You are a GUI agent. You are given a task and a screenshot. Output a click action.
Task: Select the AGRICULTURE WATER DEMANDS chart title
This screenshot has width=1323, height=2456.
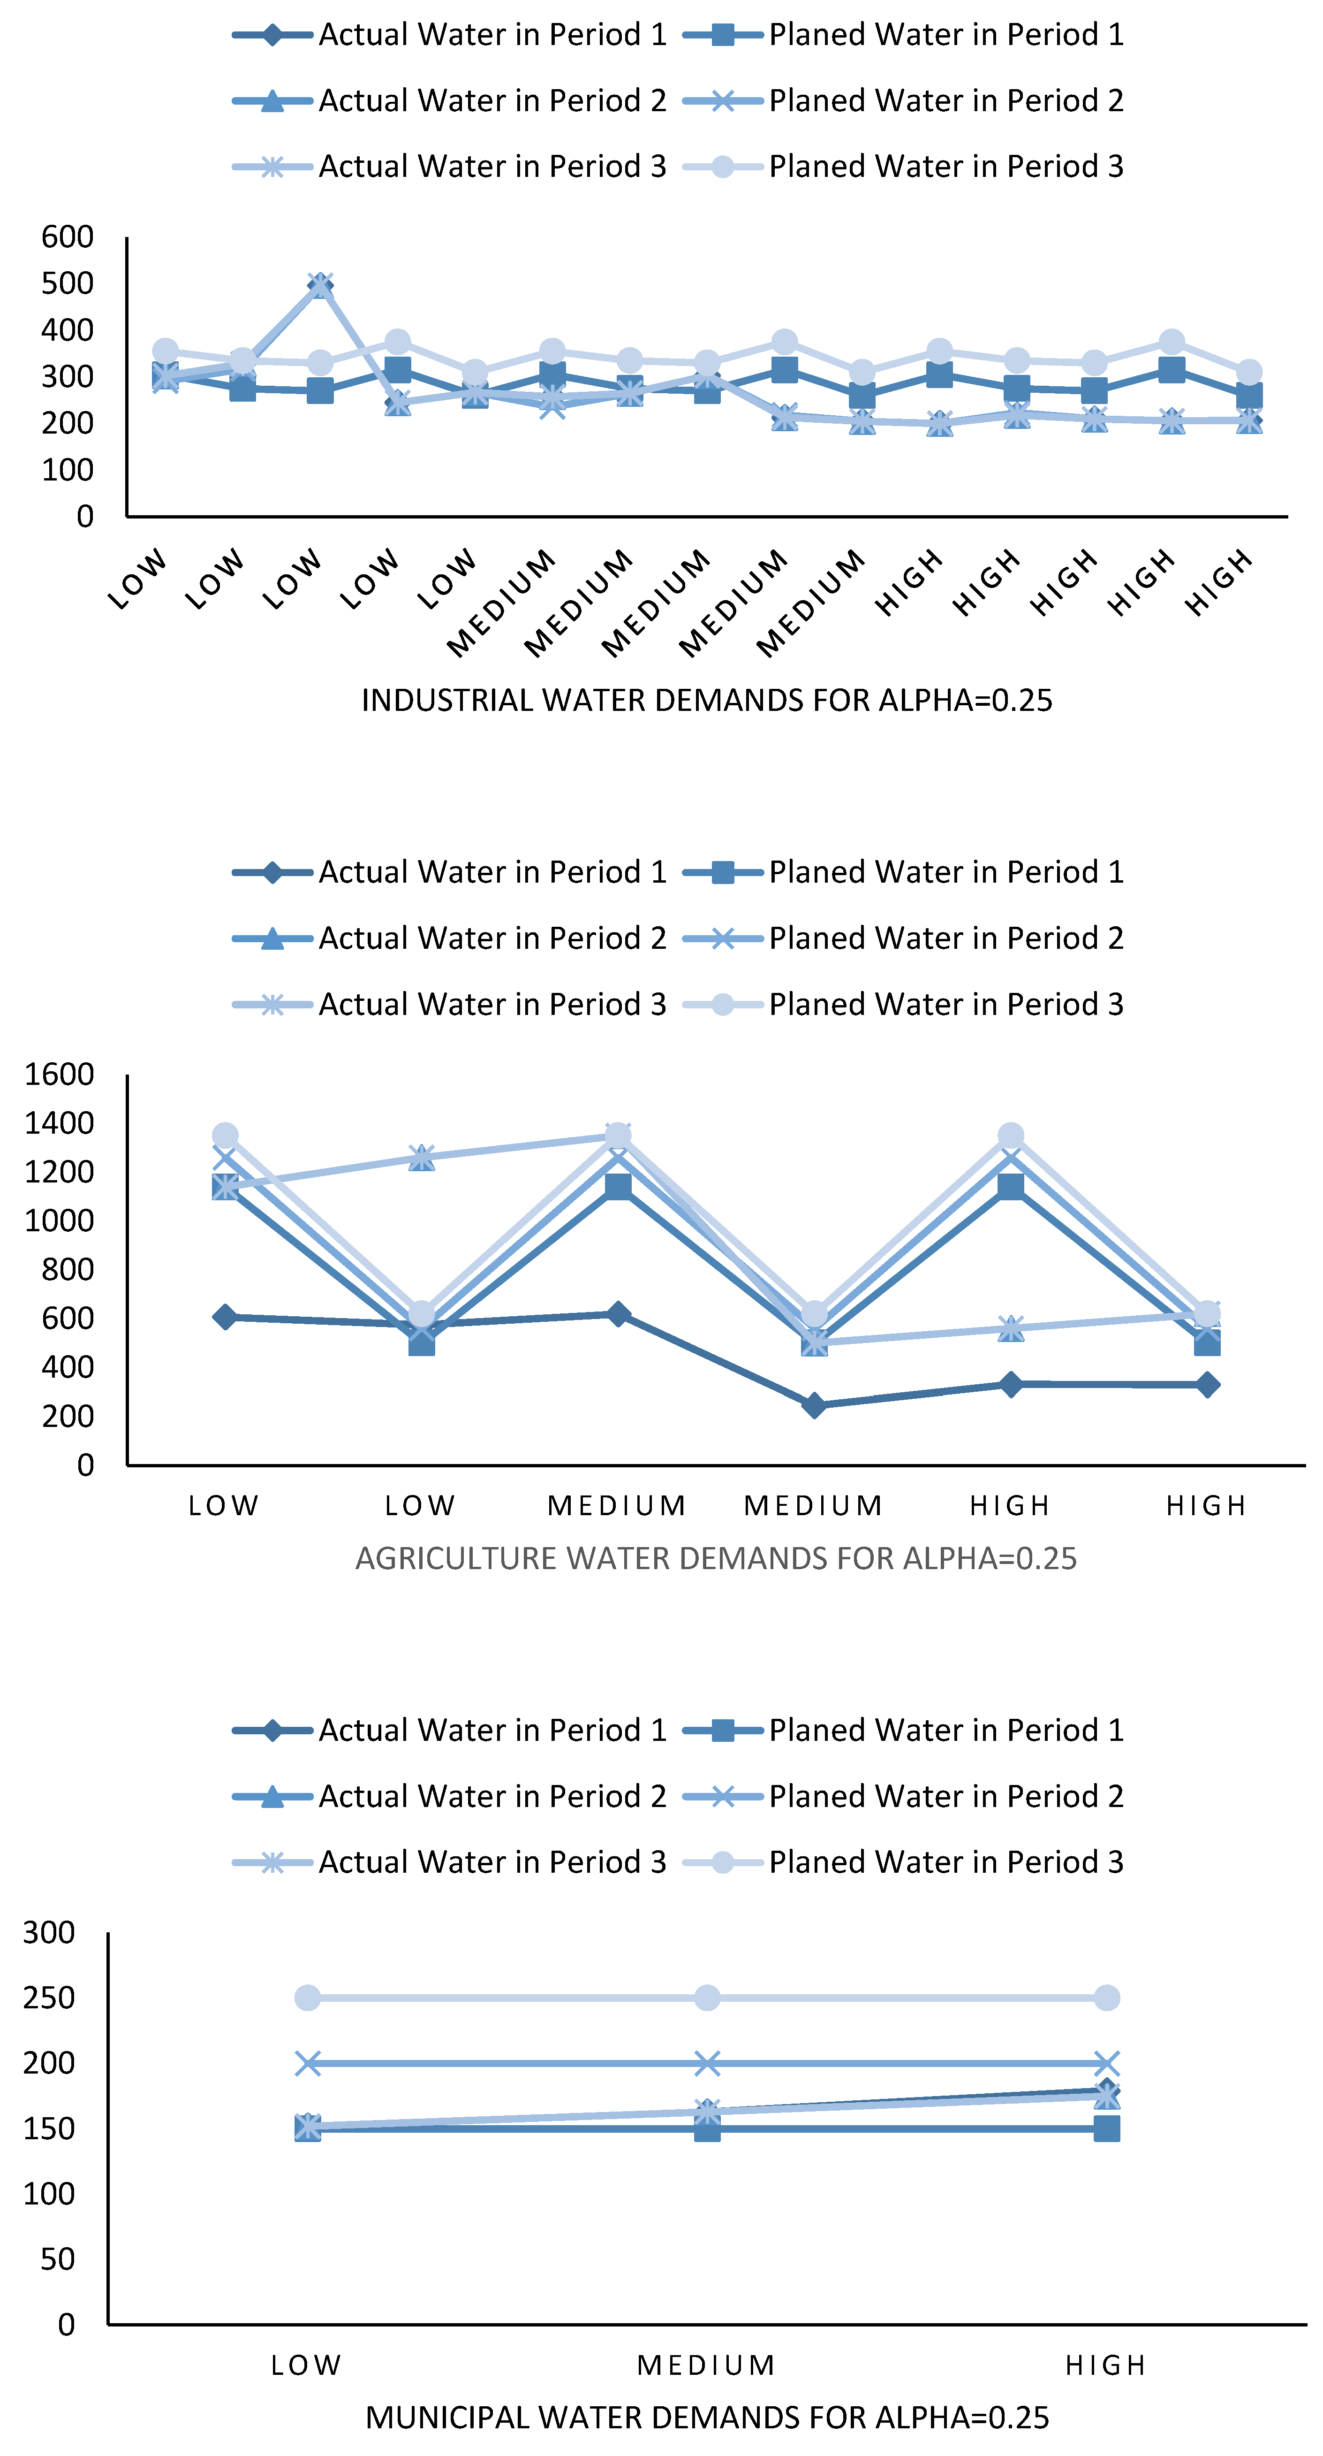716,1558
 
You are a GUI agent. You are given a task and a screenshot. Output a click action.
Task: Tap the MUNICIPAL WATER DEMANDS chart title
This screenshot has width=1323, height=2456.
706,2417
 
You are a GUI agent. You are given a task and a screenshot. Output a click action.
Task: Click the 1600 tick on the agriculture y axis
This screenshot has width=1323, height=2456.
59,1075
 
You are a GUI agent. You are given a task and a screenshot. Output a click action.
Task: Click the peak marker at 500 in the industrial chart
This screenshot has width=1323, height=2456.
320,284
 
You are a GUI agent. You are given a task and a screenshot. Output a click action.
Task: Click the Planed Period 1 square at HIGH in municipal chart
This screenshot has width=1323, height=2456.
1106,2129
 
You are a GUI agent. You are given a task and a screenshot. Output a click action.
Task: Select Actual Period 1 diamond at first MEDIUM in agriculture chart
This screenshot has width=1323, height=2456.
618,1314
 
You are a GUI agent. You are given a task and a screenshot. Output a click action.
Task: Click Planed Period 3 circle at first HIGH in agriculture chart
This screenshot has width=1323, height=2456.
1010,1136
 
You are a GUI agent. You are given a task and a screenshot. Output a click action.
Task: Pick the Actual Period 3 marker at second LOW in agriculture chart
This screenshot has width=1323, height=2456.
421,1158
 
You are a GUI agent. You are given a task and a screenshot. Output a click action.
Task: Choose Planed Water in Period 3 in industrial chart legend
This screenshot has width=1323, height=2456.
945,166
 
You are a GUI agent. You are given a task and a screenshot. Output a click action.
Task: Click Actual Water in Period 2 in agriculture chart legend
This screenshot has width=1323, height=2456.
492,938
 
